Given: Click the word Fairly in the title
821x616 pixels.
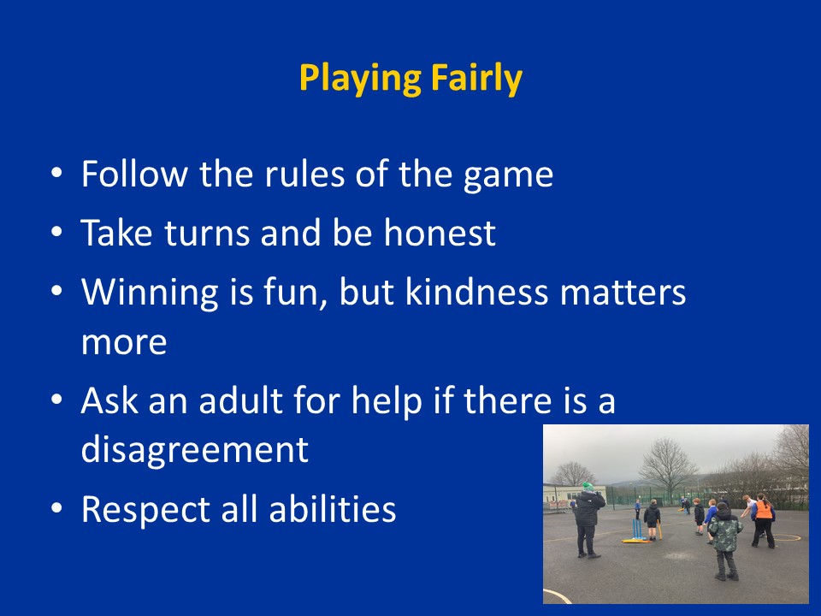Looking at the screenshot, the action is tap(476, 79).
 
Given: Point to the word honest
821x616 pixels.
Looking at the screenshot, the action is tap(440, 233).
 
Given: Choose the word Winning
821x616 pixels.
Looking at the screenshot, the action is tap(149, 293).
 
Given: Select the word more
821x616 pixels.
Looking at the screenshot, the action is tap(124, 343).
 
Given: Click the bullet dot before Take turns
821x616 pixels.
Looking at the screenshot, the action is tap(56, 232).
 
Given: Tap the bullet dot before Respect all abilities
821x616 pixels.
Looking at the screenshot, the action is tap(56, 508).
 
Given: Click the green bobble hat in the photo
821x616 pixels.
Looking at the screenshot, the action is tap(588, 487).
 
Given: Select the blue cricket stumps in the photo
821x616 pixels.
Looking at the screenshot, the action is tap(636, 529).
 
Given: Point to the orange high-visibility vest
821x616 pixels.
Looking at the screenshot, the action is tap(763, 510).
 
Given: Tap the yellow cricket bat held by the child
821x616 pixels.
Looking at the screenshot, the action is tap(659, 530).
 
